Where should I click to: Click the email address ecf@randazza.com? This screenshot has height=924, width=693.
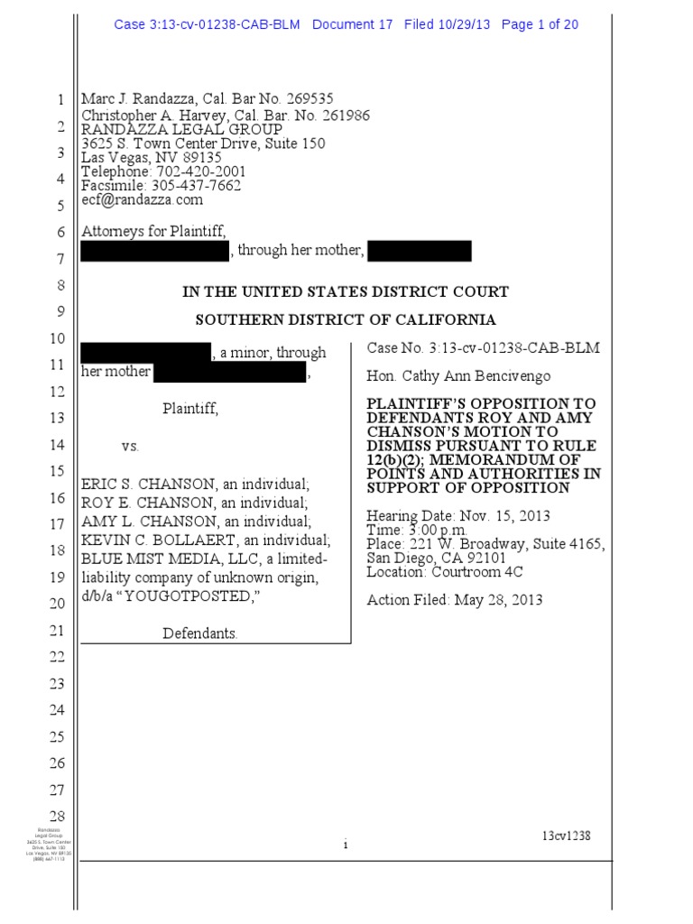pyautogui.click(x=143, y=199)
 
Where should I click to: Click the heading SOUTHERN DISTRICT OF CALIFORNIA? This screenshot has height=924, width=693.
pyautogui.click(x=346, y=319)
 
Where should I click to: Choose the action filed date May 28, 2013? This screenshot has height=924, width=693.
pyautogui.click(x=495, y=600)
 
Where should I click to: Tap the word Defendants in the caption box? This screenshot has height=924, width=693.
pyautogui.click(x=199, y=633)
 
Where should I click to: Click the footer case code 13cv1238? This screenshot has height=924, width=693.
pyautogui.click(x=566, y=836)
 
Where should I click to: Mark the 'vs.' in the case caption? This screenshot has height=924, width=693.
pyautogui.click(x=132, y=447)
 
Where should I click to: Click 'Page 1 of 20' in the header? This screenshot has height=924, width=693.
pyautogui.click(x=540, y=25)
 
